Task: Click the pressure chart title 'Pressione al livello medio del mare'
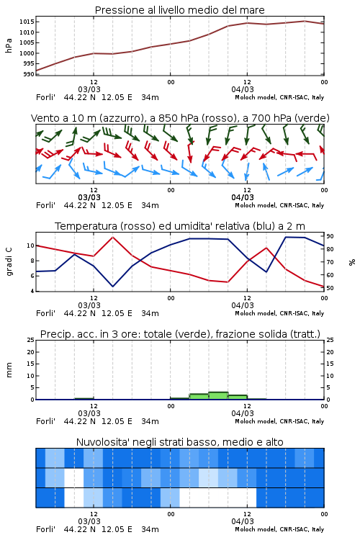pyautogui.click(x=179, y=10)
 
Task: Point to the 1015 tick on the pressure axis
pyautogui.click(x=27, y=22)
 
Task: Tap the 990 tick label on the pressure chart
pyautogui.click(x=29, y=74)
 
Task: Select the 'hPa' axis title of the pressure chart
pyautogui.click(x=9, y=45)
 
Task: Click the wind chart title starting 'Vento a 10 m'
pyautogui.click(x=180, y=118)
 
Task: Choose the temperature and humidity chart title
pyautogui.click(x=180, y=226)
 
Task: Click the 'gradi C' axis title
pyautogui.click(x=9, y=261)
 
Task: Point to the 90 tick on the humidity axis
pyautogui.click(x=330, y=236)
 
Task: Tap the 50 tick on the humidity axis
pyautogui.click(x=330, y=288)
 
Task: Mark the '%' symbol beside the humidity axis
pyautogui.click(x=352, y=262)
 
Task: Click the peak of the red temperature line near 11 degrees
pyautogui.click(x=113, y=237)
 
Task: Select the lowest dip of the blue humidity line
pyautogui.click(x=112, y=287)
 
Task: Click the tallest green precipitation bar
pyautogui.click(x=218, y=396)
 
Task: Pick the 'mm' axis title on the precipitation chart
pyautogui.click(x=9, y=369)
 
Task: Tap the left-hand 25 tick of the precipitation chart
pyautogui.click(x=31, y=340)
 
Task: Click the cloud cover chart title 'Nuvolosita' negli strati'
pyautogui.click(x=179, y=442)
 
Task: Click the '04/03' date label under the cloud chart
pyautogui.click(x=243, y=521)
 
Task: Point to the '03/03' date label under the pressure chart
pyautogui.click(x=89, y=89)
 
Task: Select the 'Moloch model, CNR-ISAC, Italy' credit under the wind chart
pyautogui.click(x=279, y=205)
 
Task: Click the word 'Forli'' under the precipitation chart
pyautogui.click(x=45, y=421)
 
